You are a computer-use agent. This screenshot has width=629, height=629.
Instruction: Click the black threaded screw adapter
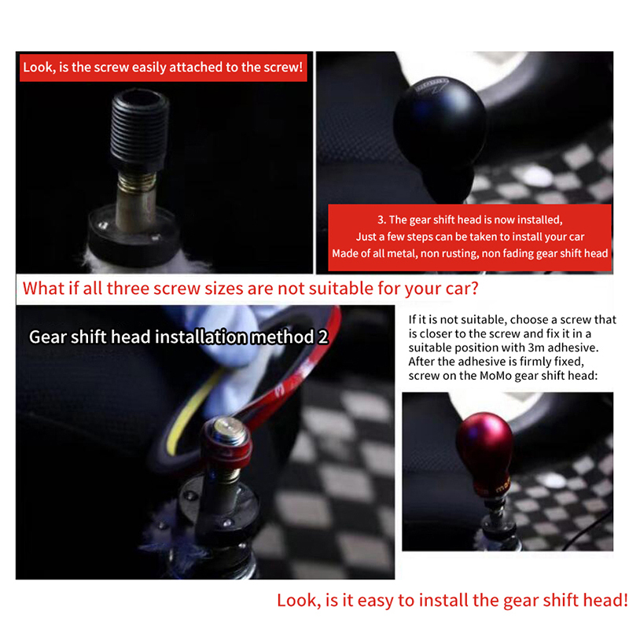coord(138,131)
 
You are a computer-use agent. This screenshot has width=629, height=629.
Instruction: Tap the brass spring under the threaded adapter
coord(137,182)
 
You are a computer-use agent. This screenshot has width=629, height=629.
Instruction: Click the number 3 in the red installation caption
coord(381,220)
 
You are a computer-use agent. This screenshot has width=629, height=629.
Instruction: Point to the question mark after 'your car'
coord(474,288)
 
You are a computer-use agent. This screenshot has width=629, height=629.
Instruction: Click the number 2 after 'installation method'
coord(323,337)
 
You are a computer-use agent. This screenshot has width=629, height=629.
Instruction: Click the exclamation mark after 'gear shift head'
coord(624,600)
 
